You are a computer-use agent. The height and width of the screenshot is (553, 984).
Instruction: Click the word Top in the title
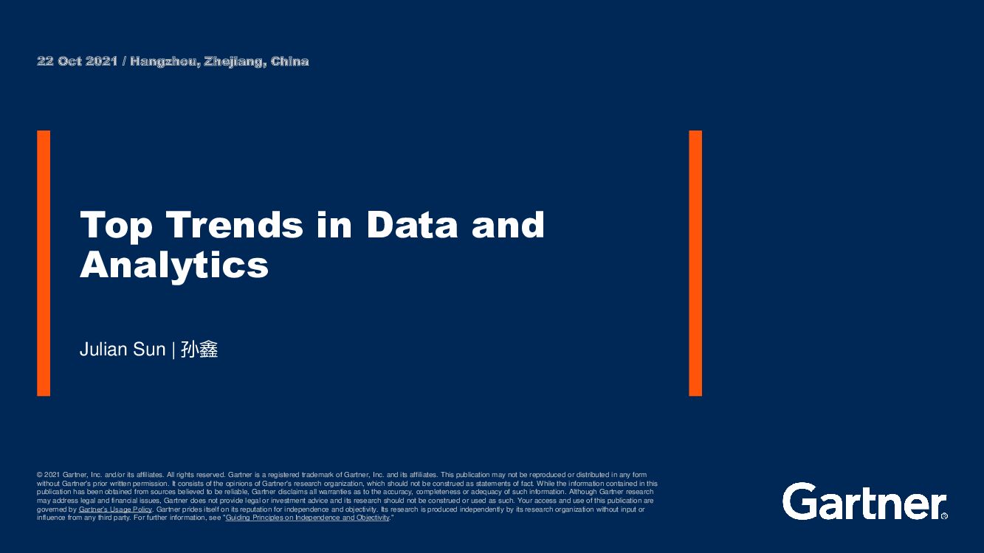(x=116, y=225)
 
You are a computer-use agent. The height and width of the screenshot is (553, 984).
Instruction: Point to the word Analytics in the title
(x=174, y=265)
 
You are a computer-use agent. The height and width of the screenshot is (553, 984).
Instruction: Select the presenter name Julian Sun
(x=123, y=349)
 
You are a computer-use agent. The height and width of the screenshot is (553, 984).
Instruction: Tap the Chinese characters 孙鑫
(x=199, y=349)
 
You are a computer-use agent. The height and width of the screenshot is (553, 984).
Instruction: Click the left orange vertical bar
(x=44, y=263)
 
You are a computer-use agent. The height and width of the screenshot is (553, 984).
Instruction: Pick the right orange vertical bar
(x=695, y=263)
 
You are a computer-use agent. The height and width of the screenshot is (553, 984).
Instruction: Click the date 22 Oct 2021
(x=78, y=61)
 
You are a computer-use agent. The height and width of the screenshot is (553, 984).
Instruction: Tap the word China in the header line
(x=289, y=61)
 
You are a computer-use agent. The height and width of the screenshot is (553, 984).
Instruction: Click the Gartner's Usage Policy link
(x=115, y=509)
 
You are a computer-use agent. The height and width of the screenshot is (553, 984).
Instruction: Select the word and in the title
(x=509, y=225)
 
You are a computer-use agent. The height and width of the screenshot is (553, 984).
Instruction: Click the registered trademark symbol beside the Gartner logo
(x=944, y=516)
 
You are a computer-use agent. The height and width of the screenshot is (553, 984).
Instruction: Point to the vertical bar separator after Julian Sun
(x=173, y=349)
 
